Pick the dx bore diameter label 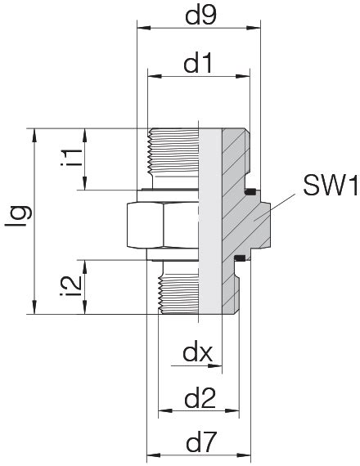[198, 353]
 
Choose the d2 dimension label [200, 399]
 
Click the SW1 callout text [330, 186]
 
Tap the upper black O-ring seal [251, 192]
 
